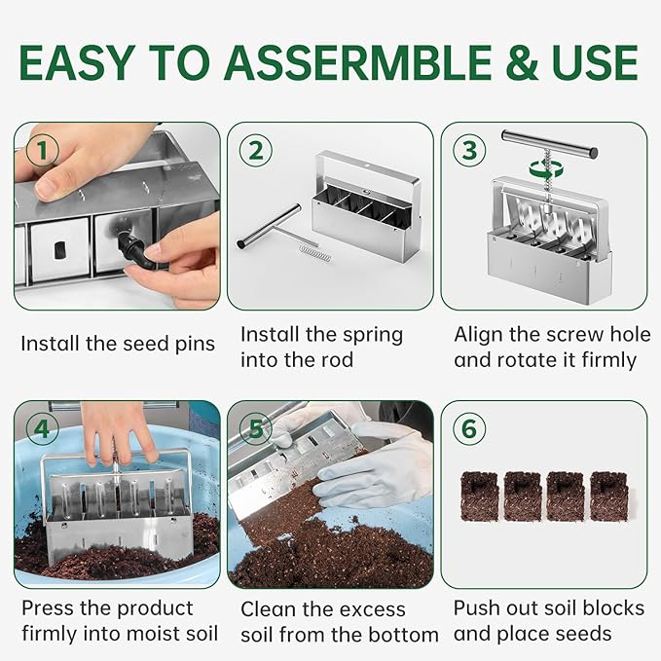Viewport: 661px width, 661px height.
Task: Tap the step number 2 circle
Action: click(255, 151)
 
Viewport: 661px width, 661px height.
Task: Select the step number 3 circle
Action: click(469, 151)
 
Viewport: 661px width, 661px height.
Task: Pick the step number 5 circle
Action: click(255, 429)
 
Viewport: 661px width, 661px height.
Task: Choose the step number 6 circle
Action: click(469, 429)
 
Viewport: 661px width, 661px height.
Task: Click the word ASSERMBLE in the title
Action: click(362, 62)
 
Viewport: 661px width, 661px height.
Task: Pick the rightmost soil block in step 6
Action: click(609, 495)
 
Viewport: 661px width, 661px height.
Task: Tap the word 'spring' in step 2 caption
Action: click(368, 335)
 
